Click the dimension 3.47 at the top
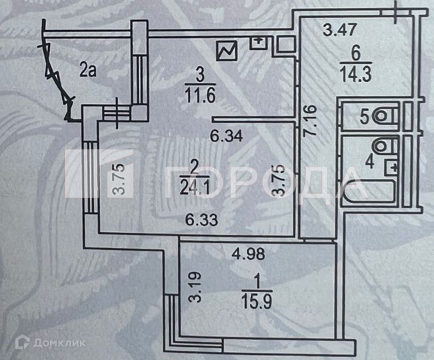click(337, 29)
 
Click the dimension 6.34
click(223, 139)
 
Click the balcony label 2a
click(87, 68)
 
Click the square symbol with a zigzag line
click(227, 50)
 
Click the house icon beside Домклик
click(22, 342)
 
